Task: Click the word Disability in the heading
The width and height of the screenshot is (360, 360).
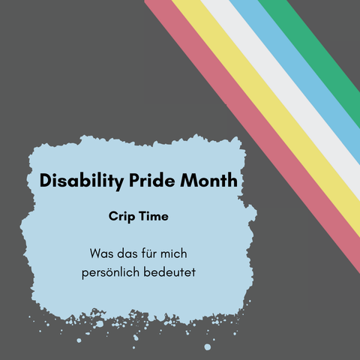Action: (82, 181)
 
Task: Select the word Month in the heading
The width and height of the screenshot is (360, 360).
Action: (208, 180)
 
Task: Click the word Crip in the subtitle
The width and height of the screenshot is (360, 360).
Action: (121, 217)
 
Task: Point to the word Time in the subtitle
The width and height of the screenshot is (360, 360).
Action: (154, 216)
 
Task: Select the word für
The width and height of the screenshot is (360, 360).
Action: (149, 253)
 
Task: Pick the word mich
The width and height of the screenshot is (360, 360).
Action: (173, 253)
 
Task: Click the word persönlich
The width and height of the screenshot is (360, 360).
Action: (110, 272)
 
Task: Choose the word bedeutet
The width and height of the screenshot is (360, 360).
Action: (169, 271)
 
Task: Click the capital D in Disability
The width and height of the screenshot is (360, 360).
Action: (46, 180)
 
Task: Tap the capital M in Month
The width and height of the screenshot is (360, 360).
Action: (188, 180)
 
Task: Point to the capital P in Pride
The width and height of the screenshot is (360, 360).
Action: (134, 180)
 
